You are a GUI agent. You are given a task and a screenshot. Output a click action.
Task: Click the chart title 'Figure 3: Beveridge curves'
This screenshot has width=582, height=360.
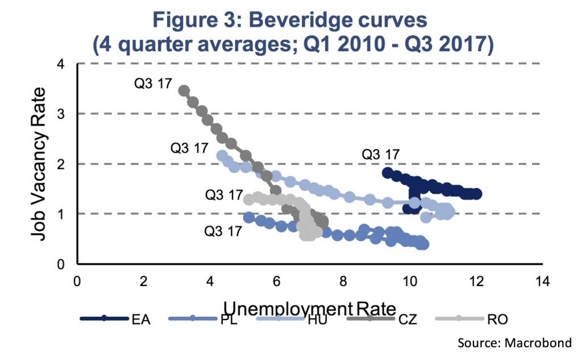[290, 19]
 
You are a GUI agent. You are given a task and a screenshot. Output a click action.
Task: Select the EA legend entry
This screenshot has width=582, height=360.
[115, 318]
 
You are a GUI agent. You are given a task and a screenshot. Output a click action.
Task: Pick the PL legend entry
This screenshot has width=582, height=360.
[203, 318]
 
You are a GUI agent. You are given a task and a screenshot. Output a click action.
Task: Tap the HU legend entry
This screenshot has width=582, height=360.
[292, 318]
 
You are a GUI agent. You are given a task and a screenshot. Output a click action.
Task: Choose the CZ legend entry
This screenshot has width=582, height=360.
[382, 318]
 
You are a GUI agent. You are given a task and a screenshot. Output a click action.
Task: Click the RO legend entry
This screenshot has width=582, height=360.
[471, 318]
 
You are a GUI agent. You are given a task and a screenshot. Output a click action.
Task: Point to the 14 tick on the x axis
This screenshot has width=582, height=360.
[542, 282]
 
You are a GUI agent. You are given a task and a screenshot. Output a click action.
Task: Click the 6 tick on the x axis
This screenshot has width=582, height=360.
[277, 282]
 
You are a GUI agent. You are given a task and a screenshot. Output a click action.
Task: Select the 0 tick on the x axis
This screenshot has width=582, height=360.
[77, 282]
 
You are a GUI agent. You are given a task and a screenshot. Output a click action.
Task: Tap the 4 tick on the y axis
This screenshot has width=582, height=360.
[60, 64]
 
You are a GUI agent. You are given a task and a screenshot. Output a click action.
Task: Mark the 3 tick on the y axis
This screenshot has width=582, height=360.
[60, 114]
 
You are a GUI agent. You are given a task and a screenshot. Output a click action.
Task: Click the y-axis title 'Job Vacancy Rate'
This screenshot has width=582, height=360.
[38, 164]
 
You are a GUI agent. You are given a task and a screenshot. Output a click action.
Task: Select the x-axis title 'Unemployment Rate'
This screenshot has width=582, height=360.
[310, 308]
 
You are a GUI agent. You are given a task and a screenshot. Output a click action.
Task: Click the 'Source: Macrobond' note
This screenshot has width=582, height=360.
[514, 342]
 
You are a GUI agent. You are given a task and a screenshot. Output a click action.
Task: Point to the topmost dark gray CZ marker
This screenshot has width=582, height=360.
[184, 90]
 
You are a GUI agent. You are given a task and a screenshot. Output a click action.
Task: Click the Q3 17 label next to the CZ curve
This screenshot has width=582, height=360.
[153, 83]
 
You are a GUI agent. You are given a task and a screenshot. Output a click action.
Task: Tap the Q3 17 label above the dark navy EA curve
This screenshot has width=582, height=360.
[380, 154]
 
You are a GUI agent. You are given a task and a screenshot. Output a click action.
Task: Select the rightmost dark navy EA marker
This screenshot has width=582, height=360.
[477, 193]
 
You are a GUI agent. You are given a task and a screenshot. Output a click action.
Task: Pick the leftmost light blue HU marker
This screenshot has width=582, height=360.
[222, 155]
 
